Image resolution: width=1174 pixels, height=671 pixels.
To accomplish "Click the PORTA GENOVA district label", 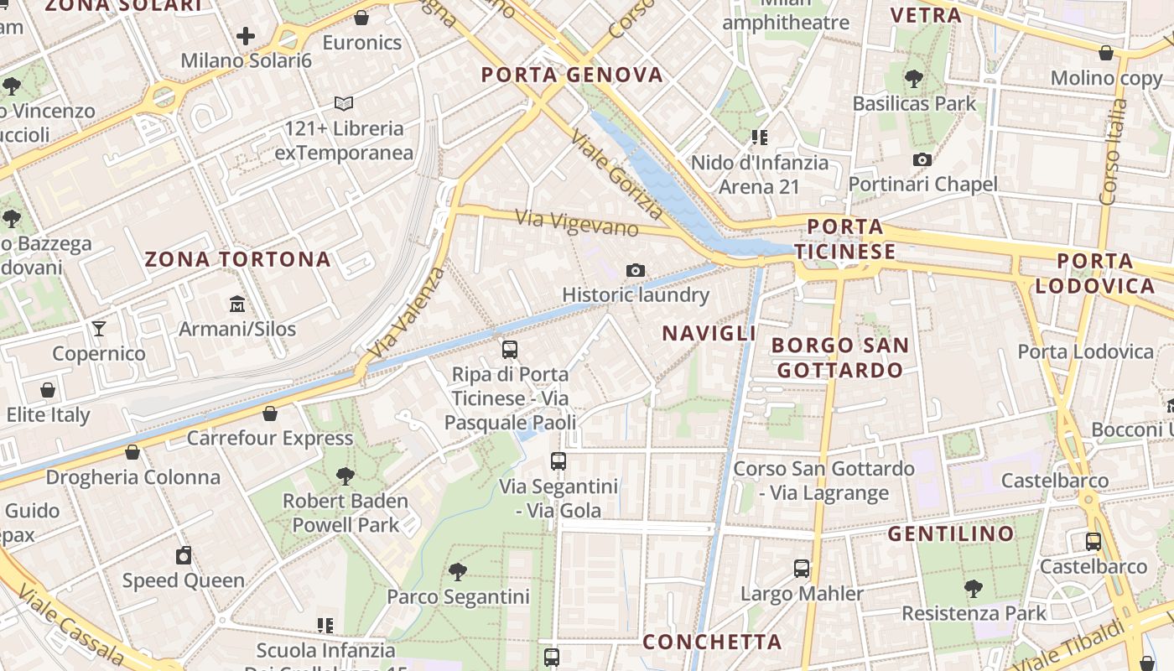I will point(572,75).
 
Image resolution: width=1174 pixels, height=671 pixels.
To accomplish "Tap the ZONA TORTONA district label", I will point(238,259).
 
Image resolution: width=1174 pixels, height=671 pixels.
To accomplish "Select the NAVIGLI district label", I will point(709,334).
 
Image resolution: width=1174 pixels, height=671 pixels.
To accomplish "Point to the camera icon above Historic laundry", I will point(636,270).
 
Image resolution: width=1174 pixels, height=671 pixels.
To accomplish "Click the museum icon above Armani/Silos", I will point(237,303).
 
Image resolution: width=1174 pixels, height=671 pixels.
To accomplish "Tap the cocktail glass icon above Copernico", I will point(99,328).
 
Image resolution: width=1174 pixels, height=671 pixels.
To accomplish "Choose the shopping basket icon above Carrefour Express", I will point(270,414).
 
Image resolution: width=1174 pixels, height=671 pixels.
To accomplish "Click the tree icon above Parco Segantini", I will point(458,572).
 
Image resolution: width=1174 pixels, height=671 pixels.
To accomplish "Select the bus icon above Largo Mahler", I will point(802,569).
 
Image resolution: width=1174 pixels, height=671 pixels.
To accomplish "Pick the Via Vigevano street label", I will point(577,223).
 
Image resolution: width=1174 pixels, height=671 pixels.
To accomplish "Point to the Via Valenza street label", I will point(408,313).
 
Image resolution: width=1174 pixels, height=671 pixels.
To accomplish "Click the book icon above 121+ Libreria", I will point(344,104).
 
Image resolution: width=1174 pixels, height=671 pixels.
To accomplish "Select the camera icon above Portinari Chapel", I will point(922,159).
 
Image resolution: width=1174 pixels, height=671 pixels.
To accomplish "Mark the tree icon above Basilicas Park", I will point(914,79).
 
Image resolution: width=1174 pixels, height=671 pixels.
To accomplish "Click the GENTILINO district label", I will point(951,533).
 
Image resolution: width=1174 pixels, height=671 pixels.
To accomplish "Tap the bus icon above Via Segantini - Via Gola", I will point(558,460).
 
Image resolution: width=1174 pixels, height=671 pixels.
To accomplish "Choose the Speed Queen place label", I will point(184,580).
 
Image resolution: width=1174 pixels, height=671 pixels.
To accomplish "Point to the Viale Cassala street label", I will point(70,624).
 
